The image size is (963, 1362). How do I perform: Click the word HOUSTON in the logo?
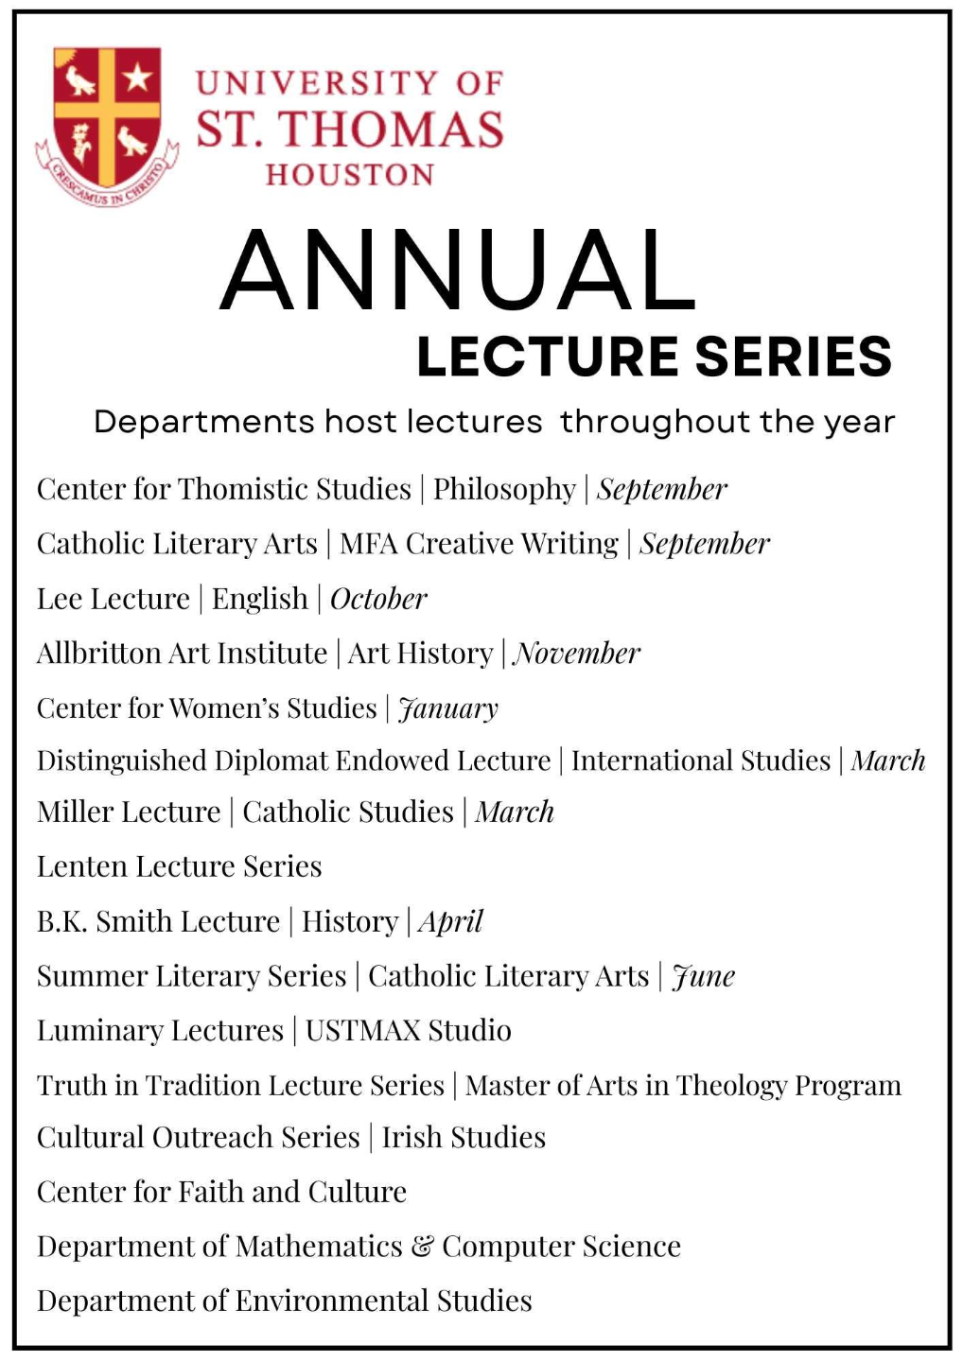[350, 175]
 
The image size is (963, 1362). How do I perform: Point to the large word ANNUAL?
[458, 271]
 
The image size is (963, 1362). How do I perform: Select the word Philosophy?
[504, 489]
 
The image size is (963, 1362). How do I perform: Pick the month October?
[378, 599]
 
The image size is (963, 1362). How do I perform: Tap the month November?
[577, 653]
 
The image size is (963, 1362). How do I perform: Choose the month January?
[448, 708]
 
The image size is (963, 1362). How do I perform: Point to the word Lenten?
[81, 866]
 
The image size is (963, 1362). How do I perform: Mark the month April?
[450, 922]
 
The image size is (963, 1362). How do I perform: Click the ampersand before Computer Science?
[422, 1248]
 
